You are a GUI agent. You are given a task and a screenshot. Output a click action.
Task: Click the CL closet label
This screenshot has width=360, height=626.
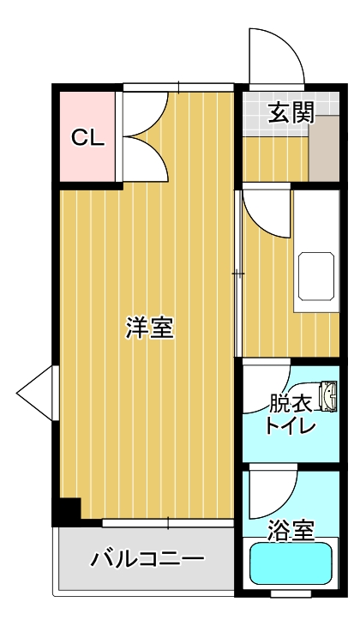pyautogui.click(x=87, y=138)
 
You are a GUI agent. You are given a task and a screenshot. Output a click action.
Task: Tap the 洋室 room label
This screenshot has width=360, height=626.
pyautogui.click(x=150, y=328)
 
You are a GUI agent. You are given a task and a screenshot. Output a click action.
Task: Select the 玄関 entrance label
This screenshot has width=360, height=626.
pyautogui.click(x=290, y=112)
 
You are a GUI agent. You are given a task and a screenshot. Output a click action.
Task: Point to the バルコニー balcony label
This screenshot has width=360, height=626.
pyautogui.click(x=147, y=560)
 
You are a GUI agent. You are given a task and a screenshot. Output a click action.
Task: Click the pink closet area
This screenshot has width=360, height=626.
pyautogui.click(x=86, y=137)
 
